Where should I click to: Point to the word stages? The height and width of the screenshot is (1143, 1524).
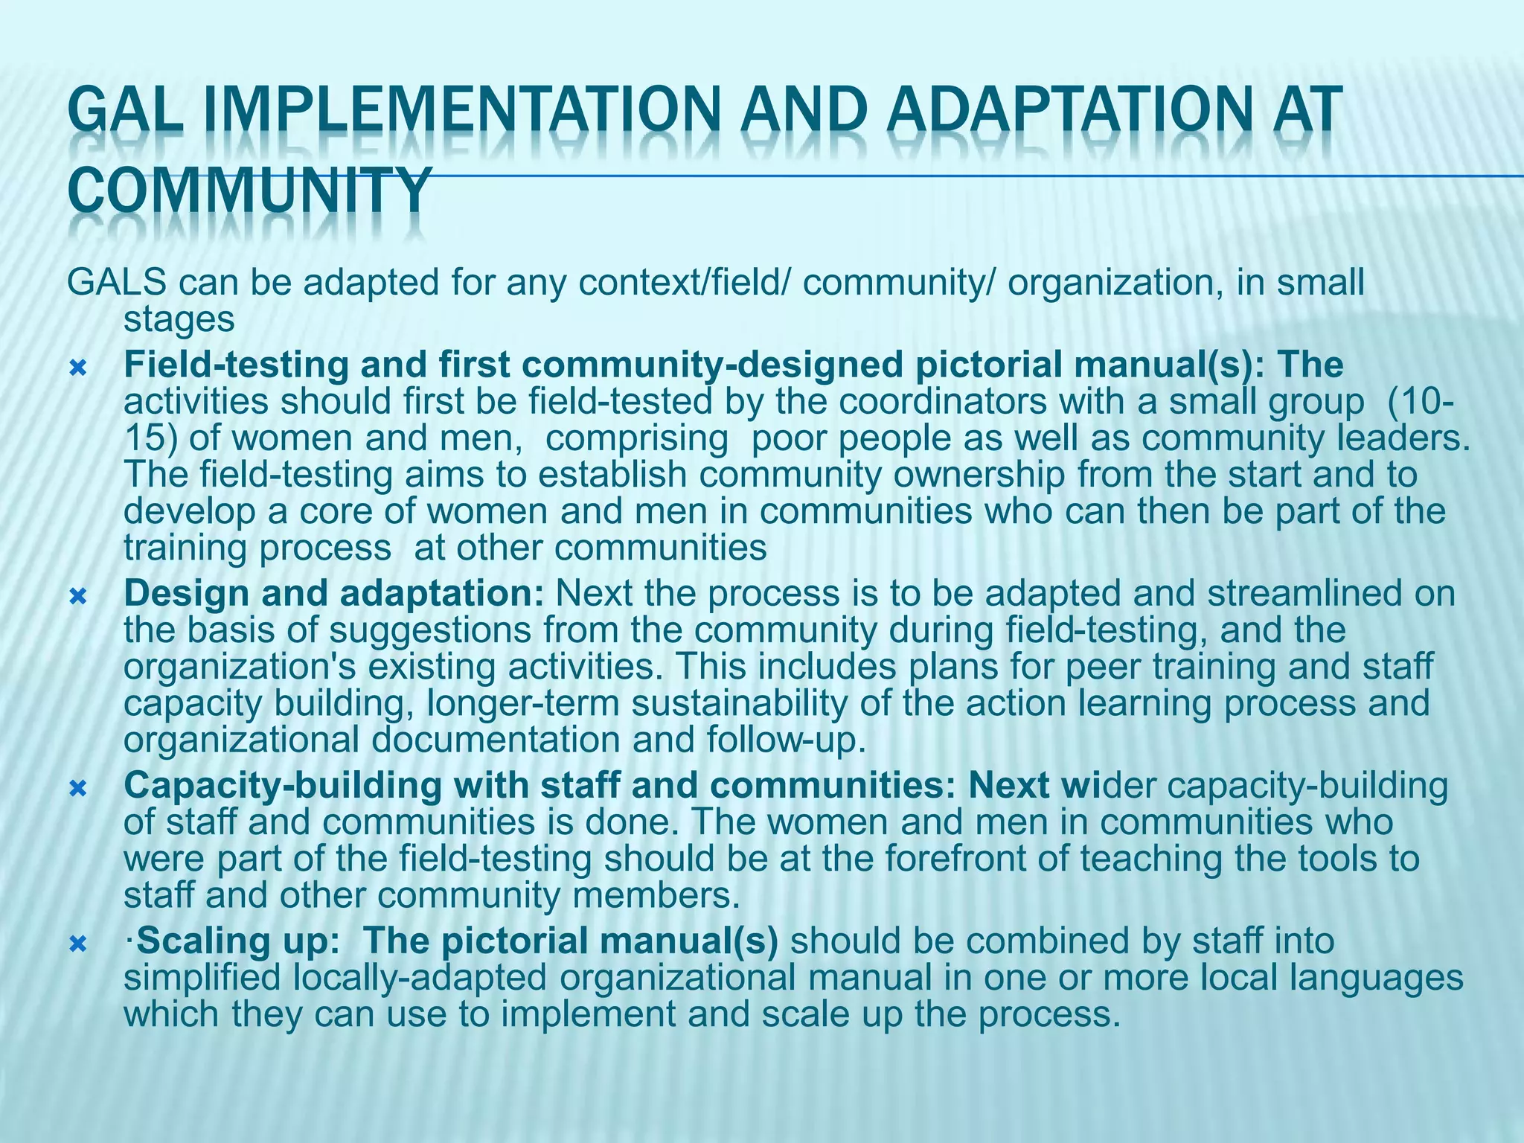tap(179, 319)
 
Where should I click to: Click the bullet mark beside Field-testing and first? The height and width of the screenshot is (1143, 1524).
tap(77, 367)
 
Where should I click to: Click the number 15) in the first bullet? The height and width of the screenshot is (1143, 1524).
tap(150, 438)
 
